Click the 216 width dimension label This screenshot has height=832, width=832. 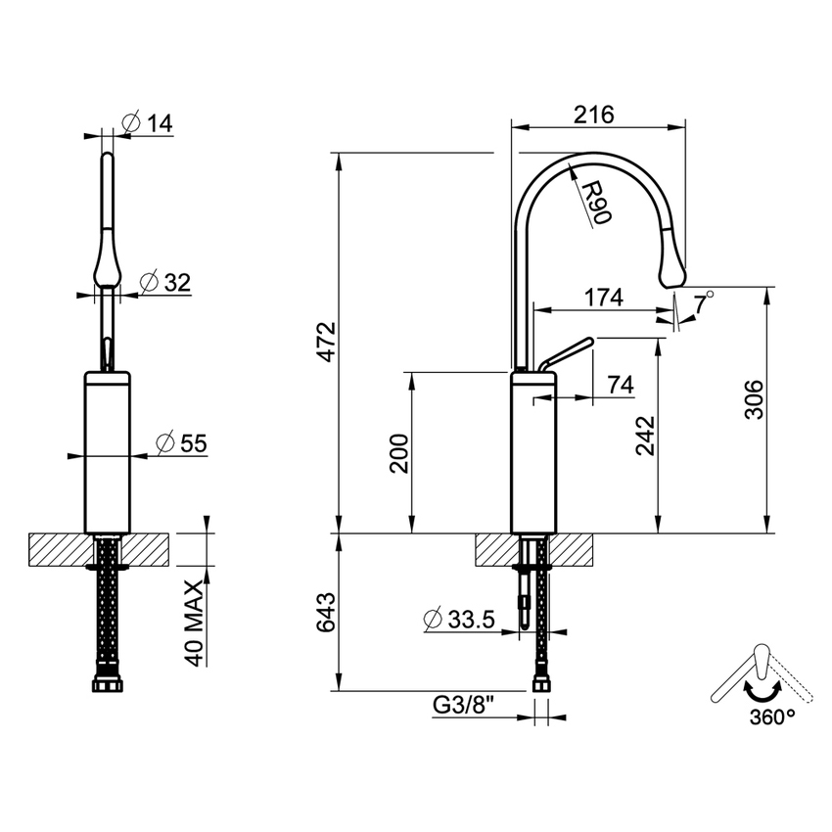point(593,115)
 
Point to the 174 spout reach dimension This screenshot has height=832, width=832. point(603,299)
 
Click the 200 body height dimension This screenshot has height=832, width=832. point(401,453)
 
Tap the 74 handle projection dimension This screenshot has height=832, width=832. point(620,385)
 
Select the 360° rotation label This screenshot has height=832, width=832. point(772,716)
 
